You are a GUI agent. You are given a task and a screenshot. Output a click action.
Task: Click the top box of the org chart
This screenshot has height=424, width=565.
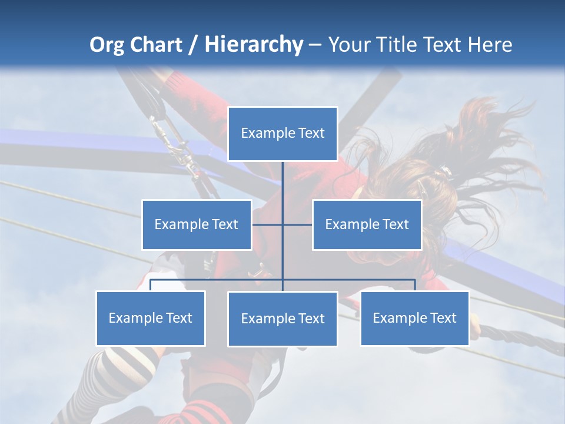(x=282, y=134)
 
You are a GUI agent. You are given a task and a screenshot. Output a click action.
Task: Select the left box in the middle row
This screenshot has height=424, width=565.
(x=197, y=224)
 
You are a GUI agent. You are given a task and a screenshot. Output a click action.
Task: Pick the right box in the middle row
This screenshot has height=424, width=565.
(x=367, y=224)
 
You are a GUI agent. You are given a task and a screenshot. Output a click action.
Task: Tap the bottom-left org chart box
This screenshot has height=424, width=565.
(x=151, y=318)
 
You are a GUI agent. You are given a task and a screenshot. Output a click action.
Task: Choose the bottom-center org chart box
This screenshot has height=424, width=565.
(x=282, y=319)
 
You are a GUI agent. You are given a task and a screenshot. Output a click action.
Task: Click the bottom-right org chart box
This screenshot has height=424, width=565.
(x=414, y=318)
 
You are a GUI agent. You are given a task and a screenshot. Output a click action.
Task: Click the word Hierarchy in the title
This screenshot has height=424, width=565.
(x=253, y=45)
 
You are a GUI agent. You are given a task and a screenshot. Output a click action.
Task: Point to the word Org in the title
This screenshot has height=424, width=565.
(x=107, y=45)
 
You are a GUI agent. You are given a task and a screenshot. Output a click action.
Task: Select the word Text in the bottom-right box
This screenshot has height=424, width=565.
(x=443, y=318)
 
